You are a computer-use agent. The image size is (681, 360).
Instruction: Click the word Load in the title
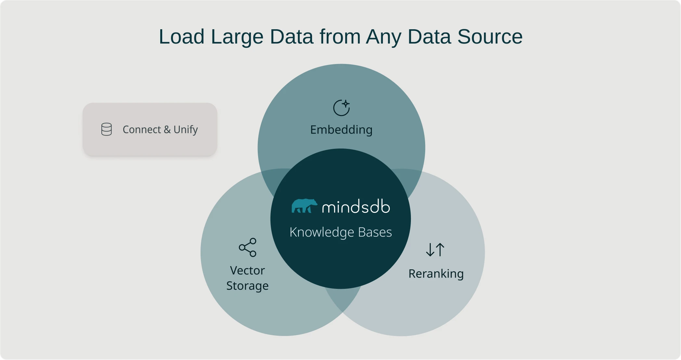(x=181, y=37)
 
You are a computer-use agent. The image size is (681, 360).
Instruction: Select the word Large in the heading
(x=237, y=37)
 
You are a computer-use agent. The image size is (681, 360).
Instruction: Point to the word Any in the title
(x=384, y=37)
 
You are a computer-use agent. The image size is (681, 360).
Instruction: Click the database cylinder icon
(x=107, y=129)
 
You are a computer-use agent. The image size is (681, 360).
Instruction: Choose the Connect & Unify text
(x=160, y=130)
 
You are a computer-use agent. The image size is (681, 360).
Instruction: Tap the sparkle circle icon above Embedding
(x=341, y=108)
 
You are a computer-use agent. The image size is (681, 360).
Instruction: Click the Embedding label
(x=341, y=130)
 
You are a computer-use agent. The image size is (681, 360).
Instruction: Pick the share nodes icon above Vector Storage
(x=248, y=248)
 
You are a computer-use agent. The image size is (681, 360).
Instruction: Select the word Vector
(x=247, y=270)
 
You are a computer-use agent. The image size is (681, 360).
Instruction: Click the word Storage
(x=247, y=286)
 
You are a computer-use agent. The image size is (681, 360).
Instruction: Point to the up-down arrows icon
(x=435, y=250)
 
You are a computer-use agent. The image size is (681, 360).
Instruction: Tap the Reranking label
(x=436, y=274)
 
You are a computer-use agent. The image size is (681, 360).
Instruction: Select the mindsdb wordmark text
(x=356, y=207)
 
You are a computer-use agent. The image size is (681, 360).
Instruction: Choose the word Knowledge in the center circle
(x=322, y=232)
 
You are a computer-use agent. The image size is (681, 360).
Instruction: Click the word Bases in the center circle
(x=375, y=232)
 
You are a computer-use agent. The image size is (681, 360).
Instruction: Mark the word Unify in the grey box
(x=186, y=130)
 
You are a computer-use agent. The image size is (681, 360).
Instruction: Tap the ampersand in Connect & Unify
(x=167, y=130)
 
